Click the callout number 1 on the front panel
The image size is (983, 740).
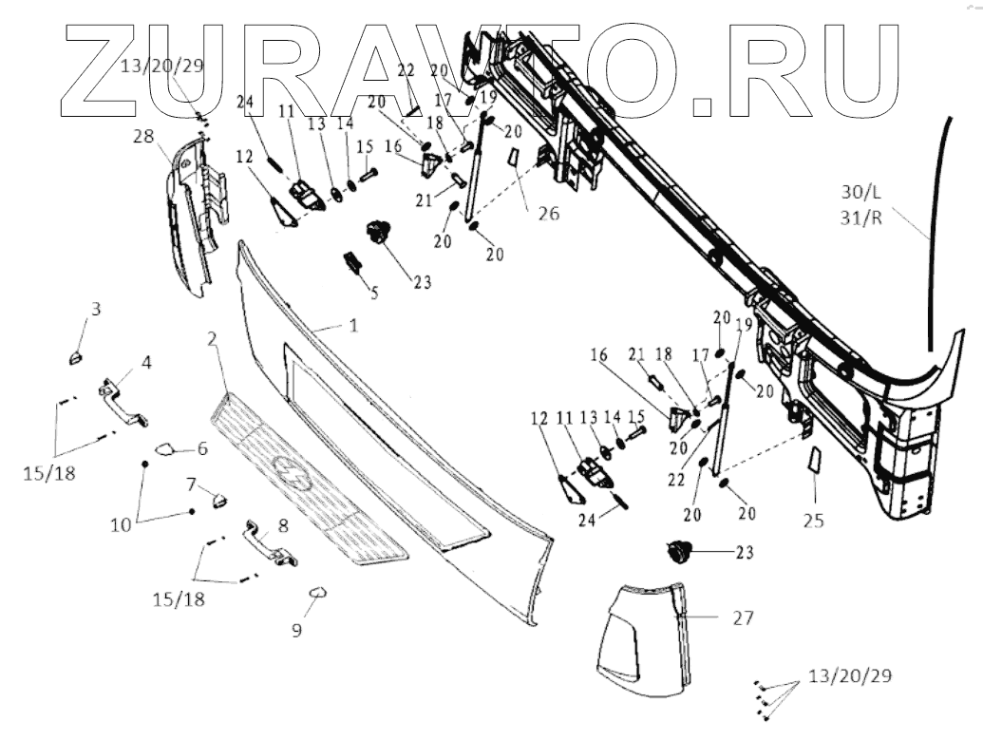352,325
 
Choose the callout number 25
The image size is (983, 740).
814,521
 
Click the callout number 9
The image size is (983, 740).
296,630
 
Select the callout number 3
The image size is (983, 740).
96,309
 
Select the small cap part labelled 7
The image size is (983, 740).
218,499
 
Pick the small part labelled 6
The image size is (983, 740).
162,449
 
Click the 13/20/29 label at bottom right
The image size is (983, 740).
851,677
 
